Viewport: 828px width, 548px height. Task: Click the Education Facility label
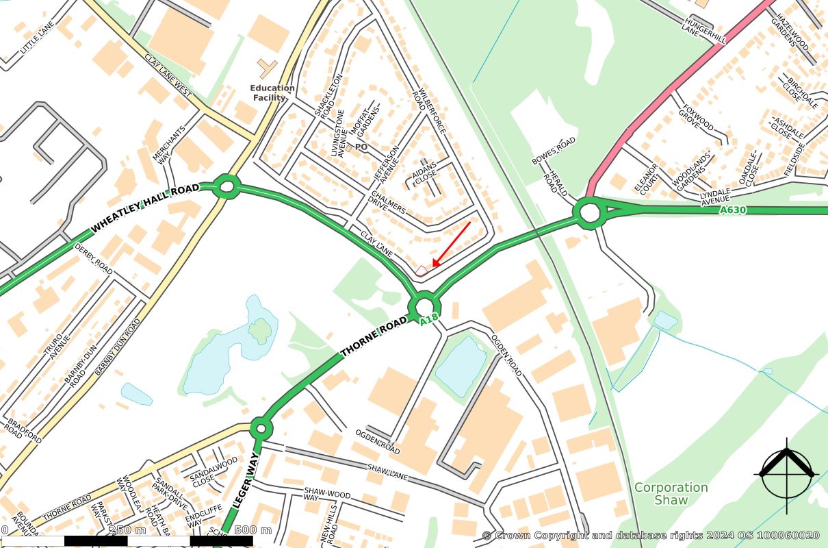click(272, 92)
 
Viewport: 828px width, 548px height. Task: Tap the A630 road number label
click(733, 210)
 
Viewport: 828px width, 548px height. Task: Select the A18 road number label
click(429, 319)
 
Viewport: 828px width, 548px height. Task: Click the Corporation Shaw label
click(671, 493)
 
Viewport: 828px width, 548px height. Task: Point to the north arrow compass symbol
click(787, 473)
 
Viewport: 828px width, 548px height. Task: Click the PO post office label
click(361, 147)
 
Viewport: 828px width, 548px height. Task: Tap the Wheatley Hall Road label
click(144, 206)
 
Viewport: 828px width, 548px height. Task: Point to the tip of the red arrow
click(432, 267)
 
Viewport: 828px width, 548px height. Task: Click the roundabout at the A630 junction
click(589, 213)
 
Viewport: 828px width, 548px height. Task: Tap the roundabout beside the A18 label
click(424, 305)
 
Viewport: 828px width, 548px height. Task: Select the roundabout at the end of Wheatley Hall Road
click(227, 186)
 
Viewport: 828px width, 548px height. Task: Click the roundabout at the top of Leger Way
click(260, 429)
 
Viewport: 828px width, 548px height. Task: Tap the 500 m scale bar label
click(253, 530)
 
